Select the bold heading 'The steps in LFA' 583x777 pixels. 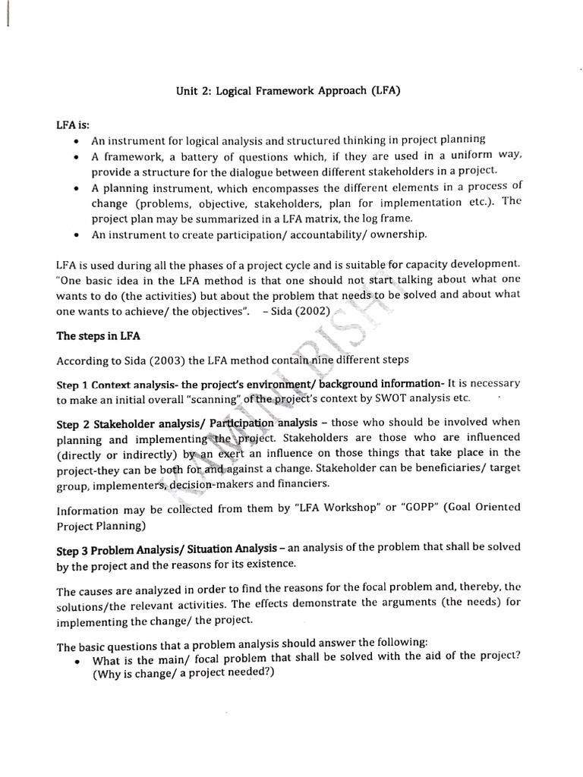(x=99, y=335)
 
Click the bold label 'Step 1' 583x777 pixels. (x=73, y=385)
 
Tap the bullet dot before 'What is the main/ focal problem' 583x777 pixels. (x=77, y=661)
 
